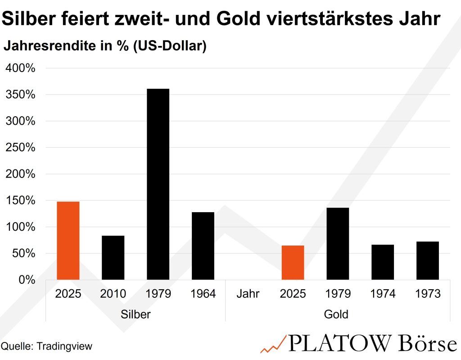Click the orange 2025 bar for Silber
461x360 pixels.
click(x=68, y=241)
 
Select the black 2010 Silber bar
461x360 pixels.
click(x=113, y=258)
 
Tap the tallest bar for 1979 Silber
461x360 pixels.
click(x=158, y=184)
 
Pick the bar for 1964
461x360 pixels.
click(x=203, y=246)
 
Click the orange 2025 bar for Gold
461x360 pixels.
click(x=293, y=263)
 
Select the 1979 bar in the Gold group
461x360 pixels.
click(x=338, y=244)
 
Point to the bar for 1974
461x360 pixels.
click(x=383, y=262)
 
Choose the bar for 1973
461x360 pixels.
click(x=428, y=261)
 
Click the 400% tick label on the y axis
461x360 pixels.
click(x=20, y=68)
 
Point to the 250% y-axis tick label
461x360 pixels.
click(x=20, y=148)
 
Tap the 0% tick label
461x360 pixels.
click(x=26, y=280)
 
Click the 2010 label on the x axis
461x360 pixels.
click(x=113, y=294)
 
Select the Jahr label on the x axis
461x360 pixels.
click(x=248, y=294)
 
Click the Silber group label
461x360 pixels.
click(x=136, y=314)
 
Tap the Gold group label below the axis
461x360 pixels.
click(x=336, y=314)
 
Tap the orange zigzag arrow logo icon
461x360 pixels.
click(x=273, y=344)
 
